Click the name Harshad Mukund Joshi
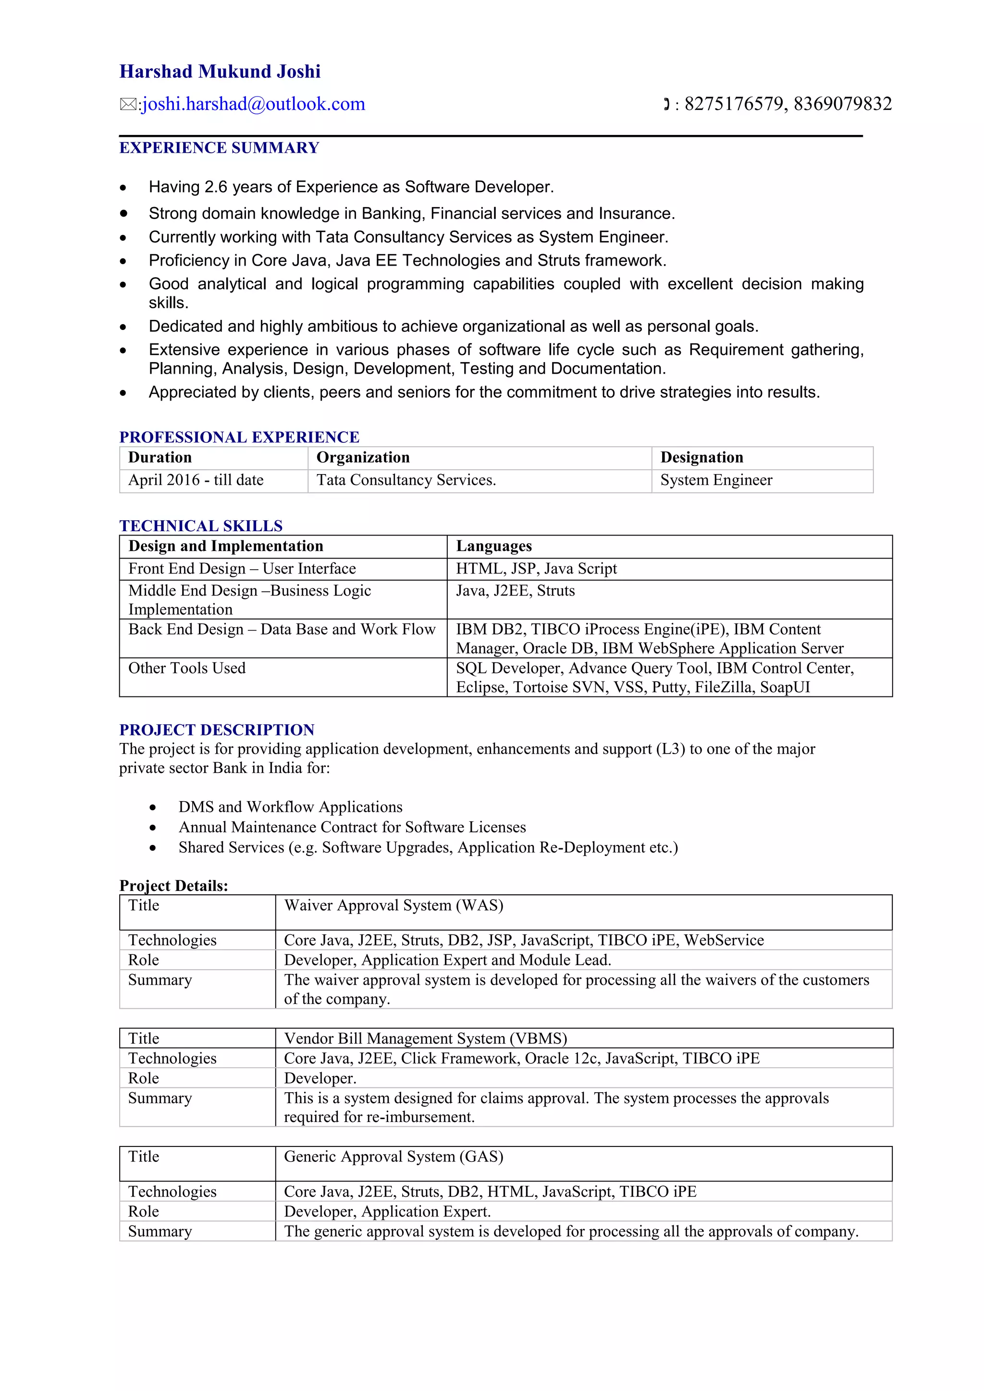point(220,72)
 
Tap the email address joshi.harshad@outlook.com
point(253,104)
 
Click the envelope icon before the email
point(128,105)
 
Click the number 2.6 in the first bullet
point(216,187)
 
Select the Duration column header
point(160,457)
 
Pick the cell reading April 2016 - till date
point(196,480)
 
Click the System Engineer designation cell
point(716,480)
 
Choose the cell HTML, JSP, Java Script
point(536,569)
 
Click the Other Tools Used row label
point(186,668)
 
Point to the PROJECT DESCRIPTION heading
point(216,730)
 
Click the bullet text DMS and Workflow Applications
point(290,807)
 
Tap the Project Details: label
point(173,886)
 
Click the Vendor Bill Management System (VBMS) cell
point(425,1038)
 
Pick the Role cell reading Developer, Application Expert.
point(387,1212)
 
